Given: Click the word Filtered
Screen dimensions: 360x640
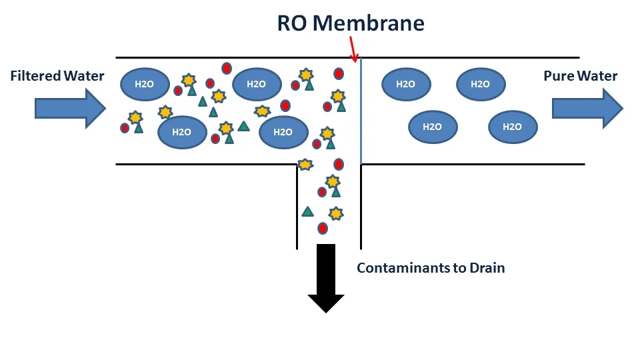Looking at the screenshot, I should [x=35, y=76].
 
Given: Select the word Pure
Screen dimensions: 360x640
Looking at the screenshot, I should [x=559, y=76].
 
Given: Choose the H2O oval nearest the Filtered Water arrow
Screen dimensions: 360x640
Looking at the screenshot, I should [x=145, y=84].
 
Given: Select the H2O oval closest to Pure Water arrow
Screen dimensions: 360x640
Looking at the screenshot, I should [x=513, y=127].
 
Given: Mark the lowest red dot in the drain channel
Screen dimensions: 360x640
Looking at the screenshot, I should [x=323, y=229].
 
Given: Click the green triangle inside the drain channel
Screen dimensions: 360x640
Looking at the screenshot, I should [x=307, y=212].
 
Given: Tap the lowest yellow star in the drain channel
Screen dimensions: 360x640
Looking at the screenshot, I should [x=336, y=213].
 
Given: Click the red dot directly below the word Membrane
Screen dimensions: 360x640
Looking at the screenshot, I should [x=339, y=73].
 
